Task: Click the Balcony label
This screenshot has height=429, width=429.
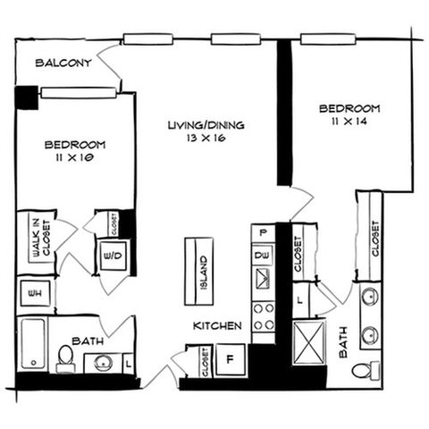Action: pyautogui.click(x=63, y=63)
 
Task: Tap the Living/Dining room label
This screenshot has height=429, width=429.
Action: pyautogui.click(x=206, y=125)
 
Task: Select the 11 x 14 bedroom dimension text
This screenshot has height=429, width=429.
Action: pyautogui.click(x=349, y=122)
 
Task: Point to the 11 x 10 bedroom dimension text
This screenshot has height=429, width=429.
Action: pyautogui.click(x=75, y=157)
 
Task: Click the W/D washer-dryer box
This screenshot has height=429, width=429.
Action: pyautogui.click(x=113, y=256)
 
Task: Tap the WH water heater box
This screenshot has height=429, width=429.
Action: pyautogui.click(x=35, y=293)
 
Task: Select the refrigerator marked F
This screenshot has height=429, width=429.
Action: pyautogui.click(x=231, y=359)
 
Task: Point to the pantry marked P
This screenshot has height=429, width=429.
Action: pyautogui.click(x=263, y=232)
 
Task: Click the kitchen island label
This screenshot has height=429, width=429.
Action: pyautogui.click(x=204, y=273)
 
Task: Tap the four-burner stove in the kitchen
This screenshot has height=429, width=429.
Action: pyautogui.click(x=264, y=316)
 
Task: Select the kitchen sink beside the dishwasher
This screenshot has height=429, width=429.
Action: pyautogui.click(x=263, y=278)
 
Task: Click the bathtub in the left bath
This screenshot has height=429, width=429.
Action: pyautogui.click(x=33, y=344)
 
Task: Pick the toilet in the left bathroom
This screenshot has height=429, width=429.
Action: pyautogui.click(x=65, y=358)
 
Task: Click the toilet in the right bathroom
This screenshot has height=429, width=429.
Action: pyautogui.click(x=366, y=370)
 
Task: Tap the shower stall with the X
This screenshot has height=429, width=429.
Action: pyautogui.click(x=308, y=342)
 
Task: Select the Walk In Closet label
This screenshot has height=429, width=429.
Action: pyautogui.click(x=41, y=238)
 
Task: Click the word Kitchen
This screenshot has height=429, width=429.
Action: pyautogui.click(x=217, y=326)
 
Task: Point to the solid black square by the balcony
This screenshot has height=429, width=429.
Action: pyautogui.click(x=27, y=97)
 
